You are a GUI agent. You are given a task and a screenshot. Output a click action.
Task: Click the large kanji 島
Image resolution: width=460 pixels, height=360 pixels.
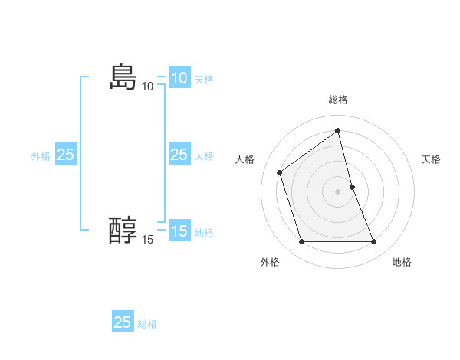pyautogui.click(x=123, y=77)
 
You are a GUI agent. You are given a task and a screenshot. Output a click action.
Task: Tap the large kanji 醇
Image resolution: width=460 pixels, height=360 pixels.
pyautogui.click(x=123, y=231)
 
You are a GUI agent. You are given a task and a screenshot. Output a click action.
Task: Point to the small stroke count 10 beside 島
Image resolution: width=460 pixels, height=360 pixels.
pyautogui.click(x=148, y=87)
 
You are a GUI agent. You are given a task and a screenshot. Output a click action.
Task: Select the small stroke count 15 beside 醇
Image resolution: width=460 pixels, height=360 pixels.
pyautogui.click(x=148, y=240)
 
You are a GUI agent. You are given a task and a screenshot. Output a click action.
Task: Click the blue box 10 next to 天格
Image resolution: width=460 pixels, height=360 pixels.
pyautogui.click(x=179, y=78)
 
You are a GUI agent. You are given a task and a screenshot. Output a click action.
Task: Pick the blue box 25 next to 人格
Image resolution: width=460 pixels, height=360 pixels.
pyautogui.click(x=179, y=155)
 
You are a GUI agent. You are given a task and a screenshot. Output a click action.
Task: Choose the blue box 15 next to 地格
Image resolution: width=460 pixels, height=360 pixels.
pyautogui.click(x=179, y=231)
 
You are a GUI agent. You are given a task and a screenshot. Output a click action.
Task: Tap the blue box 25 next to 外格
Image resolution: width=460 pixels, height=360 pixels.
pyautogui.click(x=65, y=155)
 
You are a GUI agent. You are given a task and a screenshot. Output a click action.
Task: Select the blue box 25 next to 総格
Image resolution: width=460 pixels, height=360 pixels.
pyautogui.click(x=123, y=322)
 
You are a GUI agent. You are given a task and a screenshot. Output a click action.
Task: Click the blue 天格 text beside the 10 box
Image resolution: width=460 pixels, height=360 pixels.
pyautogui.click(x=204, y=79)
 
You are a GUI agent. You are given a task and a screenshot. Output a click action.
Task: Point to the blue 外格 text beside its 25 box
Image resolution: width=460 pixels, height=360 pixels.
pyautogui.click(x=41, y=155)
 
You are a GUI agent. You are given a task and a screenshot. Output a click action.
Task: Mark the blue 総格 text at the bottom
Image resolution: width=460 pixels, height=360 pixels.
pyautogui.click(x=147, y=324)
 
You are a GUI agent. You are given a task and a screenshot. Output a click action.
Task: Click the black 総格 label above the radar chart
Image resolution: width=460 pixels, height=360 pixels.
pyautogui.click(x=338, y=100)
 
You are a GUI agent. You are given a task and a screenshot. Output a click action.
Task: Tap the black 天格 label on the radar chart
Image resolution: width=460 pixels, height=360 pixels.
pyautogui.click(x=432, y=159)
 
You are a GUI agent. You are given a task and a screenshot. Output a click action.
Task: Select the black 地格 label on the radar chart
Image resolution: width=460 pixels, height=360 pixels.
pyautogui.click(x=402, y=262)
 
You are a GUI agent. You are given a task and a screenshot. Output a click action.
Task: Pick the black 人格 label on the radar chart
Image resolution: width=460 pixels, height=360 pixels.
pyautogui.click(x=245, y=159)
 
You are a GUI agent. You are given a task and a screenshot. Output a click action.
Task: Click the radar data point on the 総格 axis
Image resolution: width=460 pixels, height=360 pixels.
pyautogui.click(x=338, y=131)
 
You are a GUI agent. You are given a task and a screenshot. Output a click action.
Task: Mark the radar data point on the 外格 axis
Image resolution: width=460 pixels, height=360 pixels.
pyautogui.click(x=301, y=242)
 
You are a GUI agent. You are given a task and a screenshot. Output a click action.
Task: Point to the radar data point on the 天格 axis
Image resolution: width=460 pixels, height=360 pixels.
pyautogui.click(x=352, y=187)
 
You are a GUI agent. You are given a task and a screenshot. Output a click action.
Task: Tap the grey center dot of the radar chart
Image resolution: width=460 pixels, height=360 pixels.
pyautogui.click(x=338, y=191)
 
